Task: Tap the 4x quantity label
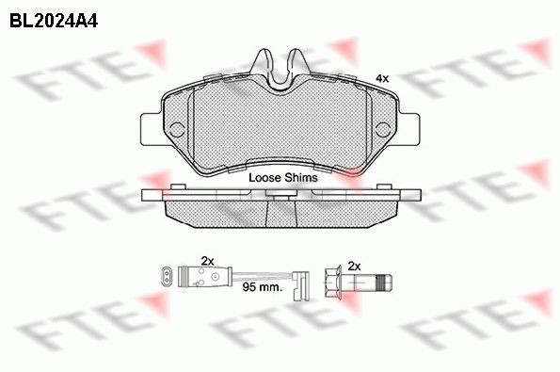coord(382,77)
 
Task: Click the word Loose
coord(264,177)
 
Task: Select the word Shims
coord(301,177)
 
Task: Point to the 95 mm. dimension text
coord(264,286)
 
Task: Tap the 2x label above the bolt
coord(355,266)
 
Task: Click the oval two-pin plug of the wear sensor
coord(167,276)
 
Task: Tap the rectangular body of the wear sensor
coord(200,276)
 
